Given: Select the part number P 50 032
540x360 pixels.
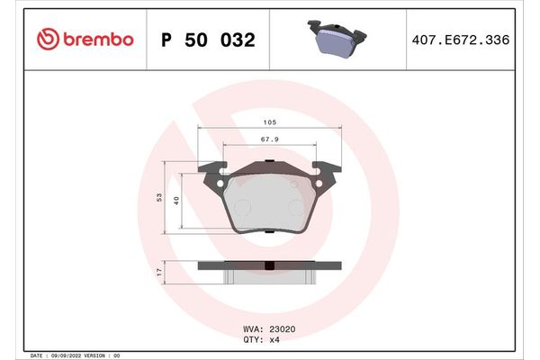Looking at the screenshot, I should [x=207, y=40].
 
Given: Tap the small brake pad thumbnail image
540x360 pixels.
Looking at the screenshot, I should [x=337, y=40].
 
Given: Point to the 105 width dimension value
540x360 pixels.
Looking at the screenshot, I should [x=269, y=122].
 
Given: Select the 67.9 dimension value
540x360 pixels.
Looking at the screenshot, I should [x=269, y=139].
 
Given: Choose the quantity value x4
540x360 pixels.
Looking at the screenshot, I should [x=276, y=339].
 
